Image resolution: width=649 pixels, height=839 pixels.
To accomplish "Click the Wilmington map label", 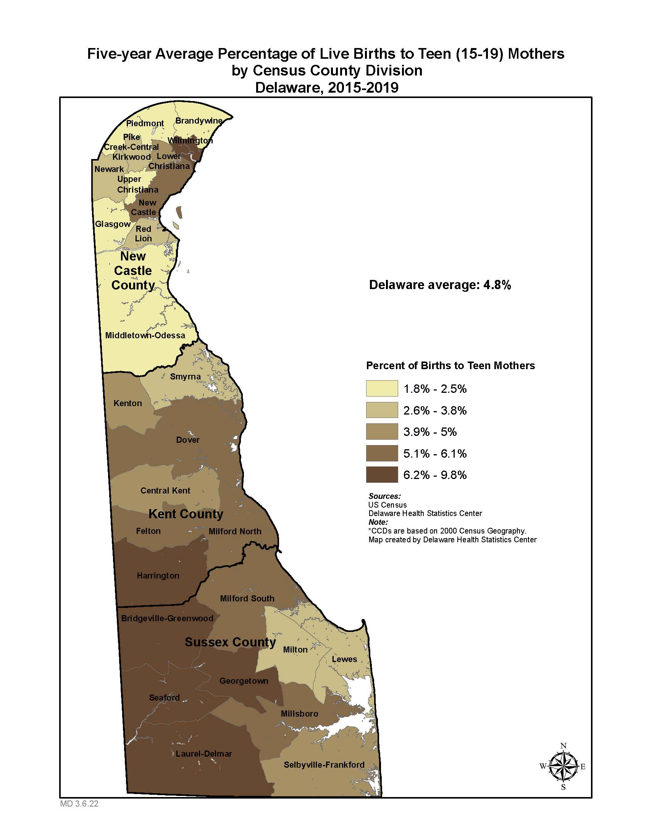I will click(190, 141).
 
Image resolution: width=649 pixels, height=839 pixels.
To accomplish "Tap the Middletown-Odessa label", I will click(145, 335).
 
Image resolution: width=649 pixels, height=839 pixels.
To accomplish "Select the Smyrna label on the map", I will click(185, 376).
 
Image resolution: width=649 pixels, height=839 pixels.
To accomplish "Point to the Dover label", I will click(187, 440).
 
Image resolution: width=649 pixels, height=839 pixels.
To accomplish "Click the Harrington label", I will click(158, 575).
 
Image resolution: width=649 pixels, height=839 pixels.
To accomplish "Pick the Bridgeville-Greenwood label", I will click(167, 619).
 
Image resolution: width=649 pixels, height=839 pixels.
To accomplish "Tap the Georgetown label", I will click(244, 681).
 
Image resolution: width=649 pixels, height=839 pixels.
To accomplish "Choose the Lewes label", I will click(344, 659).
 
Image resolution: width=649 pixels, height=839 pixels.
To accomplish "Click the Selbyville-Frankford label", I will click(324, 765).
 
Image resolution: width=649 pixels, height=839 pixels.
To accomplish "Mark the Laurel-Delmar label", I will click(204, 754).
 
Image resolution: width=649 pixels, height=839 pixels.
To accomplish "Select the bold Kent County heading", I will click(186, 514).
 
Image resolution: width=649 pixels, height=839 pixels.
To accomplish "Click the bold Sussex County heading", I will click(230, 642).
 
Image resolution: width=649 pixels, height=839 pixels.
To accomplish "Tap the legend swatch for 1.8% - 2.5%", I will click(382, 388).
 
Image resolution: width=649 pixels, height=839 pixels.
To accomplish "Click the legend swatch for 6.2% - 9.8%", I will click(382, 474).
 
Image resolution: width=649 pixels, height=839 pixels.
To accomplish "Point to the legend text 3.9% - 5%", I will click(430, 432).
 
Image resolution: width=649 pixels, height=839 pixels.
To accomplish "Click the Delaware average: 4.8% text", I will click(440, 285).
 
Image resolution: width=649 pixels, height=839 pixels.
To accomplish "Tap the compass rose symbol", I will click(563, 767).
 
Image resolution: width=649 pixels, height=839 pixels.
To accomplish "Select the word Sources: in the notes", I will click(384, 496).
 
